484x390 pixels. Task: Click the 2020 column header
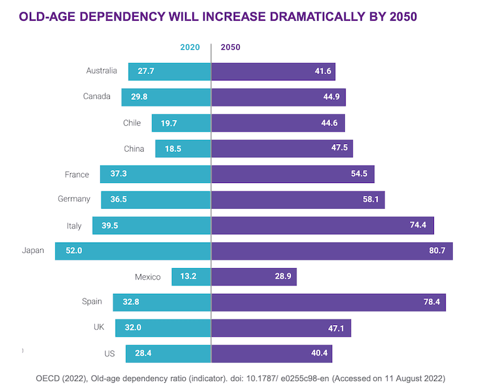click(190, 47)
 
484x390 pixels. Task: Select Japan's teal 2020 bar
click(133, 251)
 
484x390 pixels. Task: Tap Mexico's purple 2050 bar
click(254, 277)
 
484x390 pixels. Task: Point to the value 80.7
click(436, 251)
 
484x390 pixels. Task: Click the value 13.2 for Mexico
click(188, 277)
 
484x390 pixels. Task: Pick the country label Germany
click(74, 199)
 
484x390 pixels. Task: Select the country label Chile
click(132, 123)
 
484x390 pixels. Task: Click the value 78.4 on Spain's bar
click(429, 302)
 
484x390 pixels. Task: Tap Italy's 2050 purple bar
click(322, 225)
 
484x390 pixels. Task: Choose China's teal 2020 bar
click(183, 149)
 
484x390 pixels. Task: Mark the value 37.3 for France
click(118, 175)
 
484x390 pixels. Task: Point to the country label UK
click(99, 328)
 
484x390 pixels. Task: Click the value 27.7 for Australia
click(146, 71)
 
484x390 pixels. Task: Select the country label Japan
click(33, 250)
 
